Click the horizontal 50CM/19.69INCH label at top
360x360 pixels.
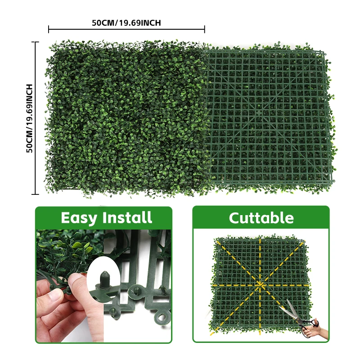coord(126,23)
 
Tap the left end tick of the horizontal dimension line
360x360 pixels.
coord(49,29)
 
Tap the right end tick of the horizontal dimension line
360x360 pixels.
coord(205,29)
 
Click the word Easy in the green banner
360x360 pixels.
coord(79,218)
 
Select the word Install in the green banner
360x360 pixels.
coord(127,218)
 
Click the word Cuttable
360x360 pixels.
coord(261,218)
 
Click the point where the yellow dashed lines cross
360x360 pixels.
coord(260,284)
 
